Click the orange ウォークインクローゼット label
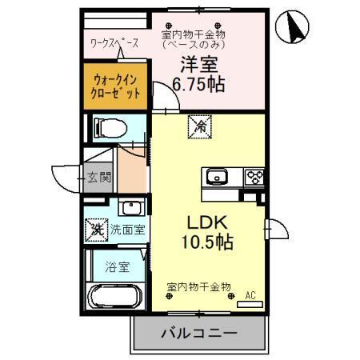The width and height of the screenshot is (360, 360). [x=117, y=86]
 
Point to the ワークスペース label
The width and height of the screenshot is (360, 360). [x=114, y=44]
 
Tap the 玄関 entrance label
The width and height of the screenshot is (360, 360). [x=100, y=177]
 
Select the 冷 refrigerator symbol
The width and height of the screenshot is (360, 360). [x=198, y=125]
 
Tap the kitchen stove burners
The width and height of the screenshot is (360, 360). [x=254, y=177]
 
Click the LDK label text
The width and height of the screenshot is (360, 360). [x=206, y=222]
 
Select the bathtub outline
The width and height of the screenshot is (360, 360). [x=116, y=298]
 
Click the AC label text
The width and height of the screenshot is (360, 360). [x=250, y=294]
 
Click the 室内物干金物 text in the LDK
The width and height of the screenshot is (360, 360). [x=198, y=286]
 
